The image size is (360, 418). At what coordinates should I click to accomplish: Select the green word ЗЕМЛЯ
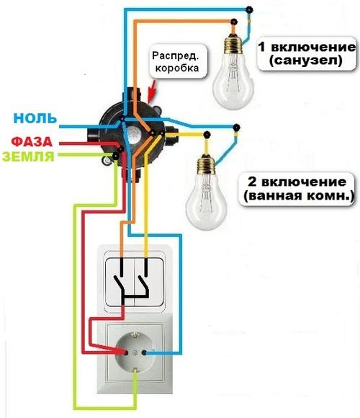[29, 156]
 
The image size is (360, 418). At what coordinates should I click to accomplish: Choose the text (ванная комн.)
[299, 195]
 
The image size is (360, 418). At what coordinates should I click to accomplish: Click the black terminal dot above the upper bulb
[249, 10]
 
